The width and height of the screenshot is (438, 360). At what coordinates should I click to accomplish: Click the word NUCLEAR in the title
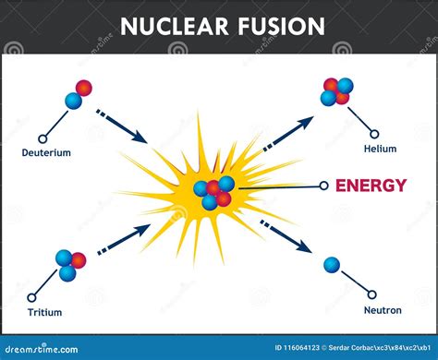coord(174,26)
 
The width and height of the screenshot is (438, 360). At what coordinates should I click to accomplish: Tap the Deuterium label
coord(46,152)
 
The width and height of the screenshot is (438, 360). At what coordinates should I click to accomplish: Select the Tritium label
coord(45,312)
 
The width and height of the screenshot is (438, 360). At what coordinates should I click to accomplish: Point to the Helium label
coord(380,149)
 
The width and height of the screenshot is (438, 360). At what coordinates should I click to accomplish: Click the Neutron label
coord(383,310)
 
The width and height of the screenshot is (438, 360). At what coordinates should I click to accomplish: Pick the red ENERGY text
coord(371,186)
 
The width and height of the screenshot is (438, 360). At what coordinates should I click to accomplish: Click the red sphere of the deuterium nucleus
coord(84,88)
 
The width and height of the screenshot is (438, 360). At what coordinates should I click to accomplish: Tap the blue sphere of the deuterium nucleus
coord(73,102)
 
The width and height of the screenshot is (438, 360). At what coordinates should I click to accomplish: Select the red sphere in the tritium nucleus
coord(79,260)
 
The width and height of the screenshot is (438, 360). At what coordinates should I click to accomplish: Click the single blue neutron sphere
coord(332,265)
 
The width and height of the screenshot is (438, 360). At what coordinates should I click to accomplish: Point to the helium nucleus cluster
coord(337,91)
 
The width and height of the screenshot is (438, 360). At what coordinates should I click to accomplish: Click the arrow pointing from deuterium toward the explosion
coord(122,126)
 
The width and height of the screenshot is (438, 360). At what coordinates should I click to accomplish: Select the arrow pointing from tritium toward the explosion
coord(124,239)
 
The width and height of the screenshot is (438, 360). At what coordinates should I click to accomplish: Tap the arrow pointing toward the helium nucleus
coord(288,134)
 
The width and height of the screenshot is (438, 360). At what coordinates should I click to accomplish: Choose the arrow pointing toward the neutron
coord(286,236)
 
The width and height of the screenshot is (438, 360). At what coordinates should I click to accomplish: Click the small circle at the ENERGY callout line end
coord(323,186)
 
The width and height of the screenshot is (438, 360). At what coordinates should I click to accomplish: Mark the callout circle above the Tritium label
coord(31,297)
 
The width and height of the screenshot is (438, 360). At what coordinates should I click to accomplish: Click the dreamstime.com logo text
coord(42,349)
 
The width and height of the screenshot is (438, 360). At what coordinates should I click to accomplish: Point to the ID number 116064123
coord(297,348)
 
